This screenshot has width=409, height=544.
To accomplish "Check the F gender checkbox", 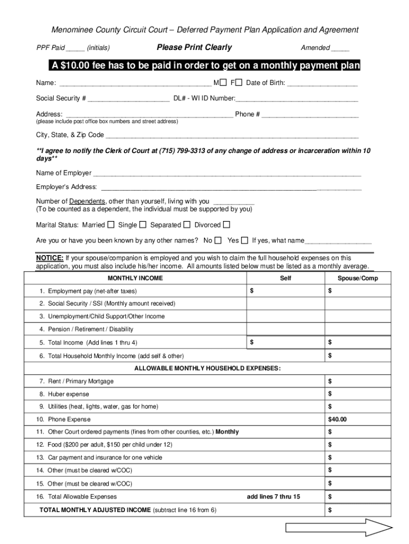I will [239, 83].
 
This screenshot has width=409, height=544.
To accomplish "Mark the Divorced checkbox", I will [227, 225].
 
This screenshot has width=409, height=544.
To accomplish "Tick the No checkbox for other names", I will [218, 240].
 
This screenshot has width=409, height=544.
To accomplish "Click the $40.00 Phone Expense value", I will [337, 419].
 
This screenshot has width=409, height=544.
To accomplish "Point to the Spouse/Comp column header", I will [357, 278].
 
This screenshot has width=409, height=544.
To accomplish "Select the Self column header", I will [286, 278].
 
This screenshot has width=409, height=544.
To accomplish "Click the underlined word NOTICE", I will [50, 258].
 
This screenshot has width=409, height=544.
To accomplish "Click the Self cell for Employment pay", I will [286, 291].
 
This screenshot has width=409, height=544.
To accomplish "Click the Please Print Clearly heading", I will [194, 47].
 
